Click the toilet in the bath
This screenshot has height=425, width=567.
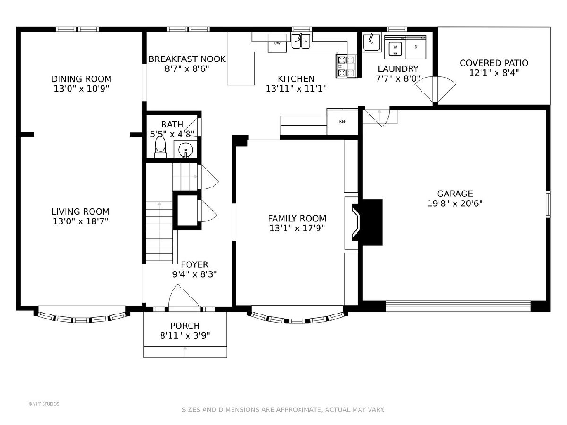[x=160, y=147]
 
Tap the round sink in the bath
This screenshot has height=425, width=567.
[x=186, y=149]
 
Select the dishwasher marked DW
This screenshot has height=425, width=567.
[x=277, y=43]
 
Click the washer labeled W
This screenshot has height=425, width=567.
[x=395, y=48]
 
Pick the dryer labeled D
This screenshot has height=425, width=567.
[x=416, y=48]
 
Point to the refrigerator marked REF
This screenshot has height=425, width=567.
[x=342, y=121]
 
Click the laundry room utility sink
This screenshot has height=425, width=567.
[x=371, y=42]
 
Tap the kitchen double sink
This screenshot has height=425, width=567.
[x=301, y=41]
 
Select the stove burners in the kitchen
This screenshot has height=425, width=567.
[x=346, y=66]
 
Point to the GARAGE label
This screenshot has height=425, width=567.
[x=455, y=194]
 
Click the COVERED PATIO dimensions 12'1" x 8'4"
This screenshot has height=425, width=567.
[x=494, y=73]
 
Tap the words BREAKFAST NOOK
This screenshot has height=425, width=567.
[x=187, y=59]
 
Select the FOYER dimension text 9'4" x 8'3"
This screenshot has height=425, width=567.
[x=195, y=274]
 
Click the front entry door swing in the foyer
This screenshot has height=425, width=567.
[x=184, y=297]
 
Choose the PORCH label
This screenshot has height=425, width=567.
[x=185, y=326]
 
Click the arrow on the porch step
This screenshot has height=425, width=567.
[x=185, y=348]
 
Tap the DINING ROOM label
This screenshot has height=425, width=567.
[x=81, y=79]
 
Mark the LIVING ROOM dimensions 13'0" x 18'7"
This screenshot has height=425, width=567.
[x=81, y=221]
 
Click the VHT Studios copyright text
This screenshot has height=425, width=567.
[x=44, y=404]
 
